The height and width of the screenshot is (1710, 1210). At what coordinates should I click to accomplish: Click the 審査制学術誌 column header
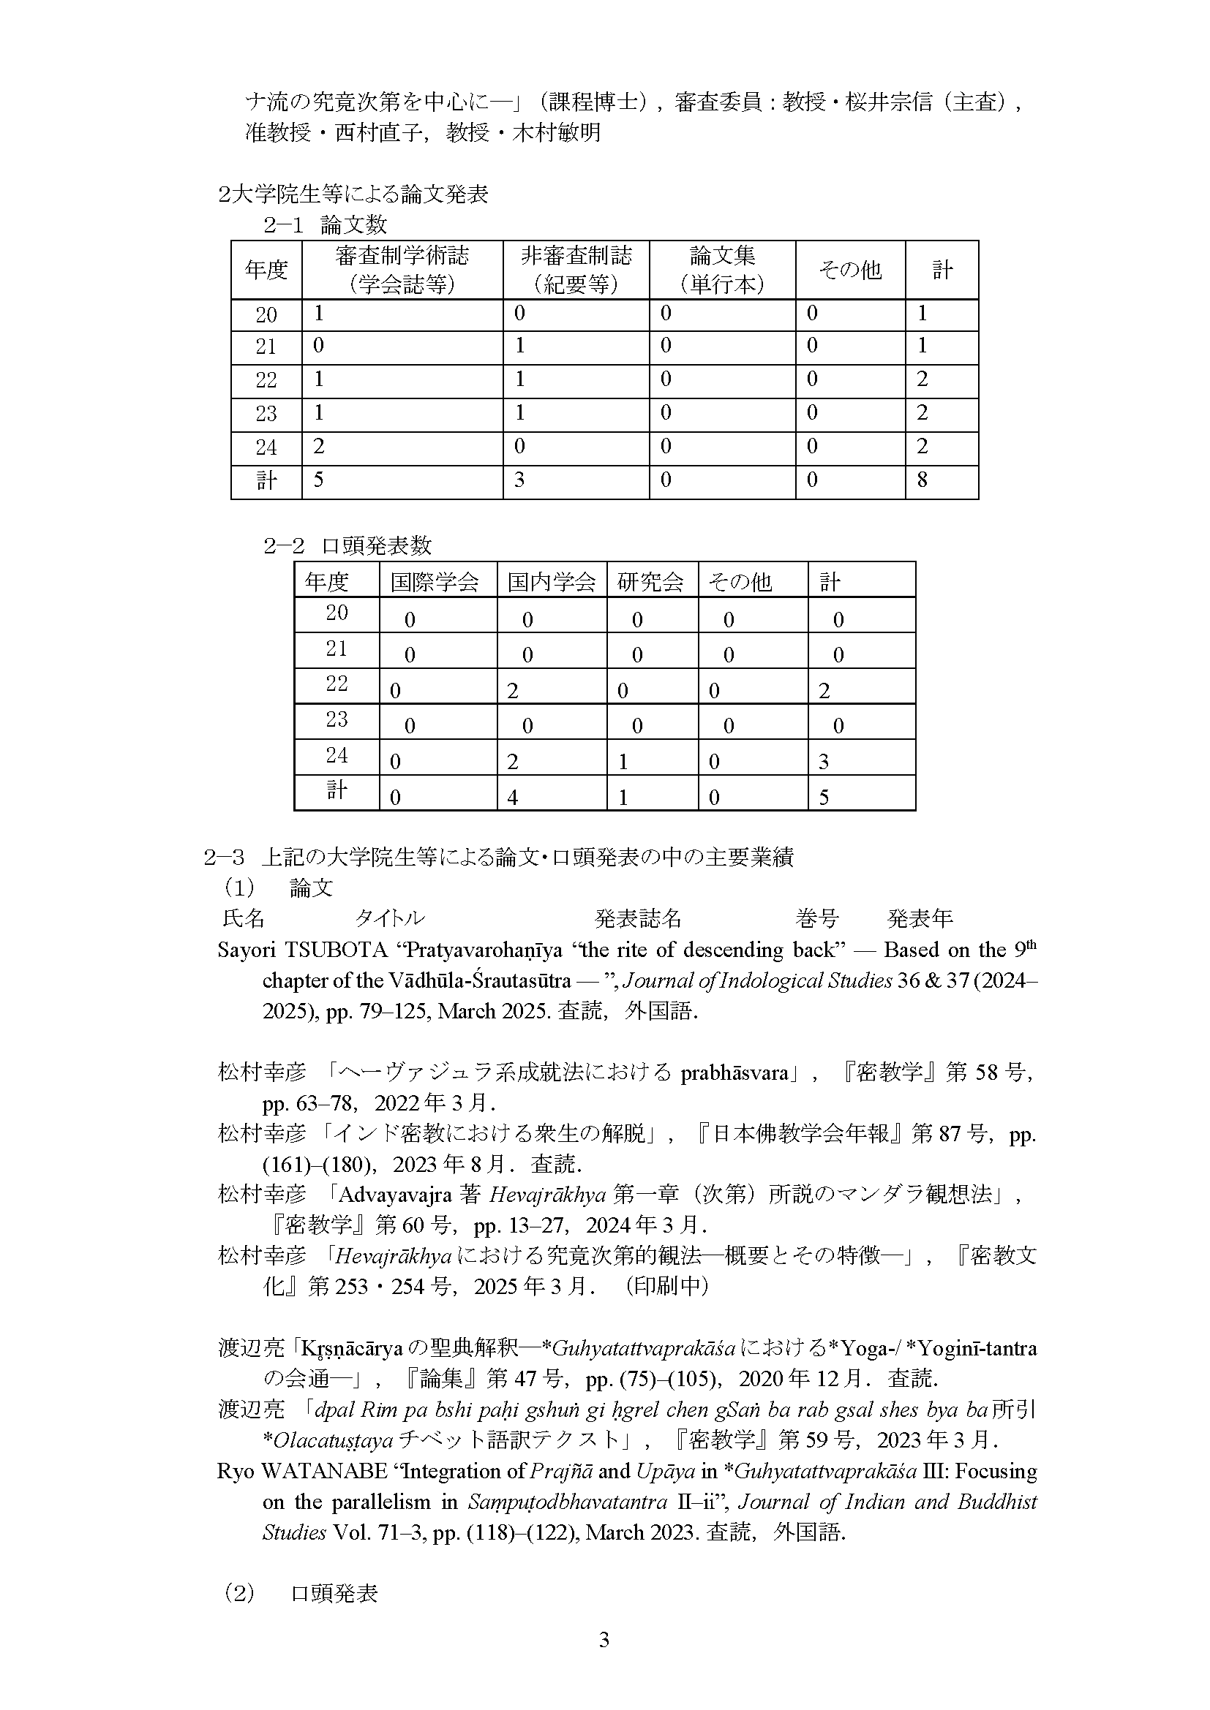tap(402, 270)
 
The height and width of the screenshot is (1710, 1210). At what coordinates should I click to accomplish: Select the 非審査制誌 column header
tap(576, 270)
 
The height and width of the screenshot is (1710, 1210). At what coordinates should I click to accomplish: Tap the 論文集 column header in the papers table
tap(722, 270)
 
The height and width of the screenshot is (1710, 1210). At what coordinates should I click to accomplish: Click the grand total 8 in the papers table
tap(922, 480)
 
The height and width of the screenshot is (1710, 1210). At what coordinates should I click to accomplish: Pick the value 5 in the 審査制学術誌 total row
tap(319, 480)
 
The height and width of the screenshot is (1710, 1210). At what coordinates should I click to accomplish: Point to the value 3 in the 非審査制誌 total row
tap(519, 480)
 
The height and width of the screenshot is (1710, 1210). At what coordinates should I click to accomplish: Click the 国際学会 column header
tap(435, 582)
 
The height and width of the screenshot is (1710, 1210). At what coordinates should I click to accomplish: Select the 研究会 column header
tap(650, 582)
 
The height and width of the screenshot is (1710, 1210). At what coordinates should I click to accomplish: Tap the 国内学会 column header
tap(552, 582)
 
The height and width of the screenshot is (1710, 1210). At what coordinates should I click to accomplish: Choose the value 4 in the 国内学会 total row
tap(513, 798)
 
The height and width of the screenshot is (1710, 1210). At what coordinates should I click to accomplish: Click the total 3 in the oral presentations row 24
tap(824, 762)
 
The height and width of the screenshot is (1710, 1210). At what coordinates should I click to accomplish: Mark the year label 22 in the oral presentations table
tap(337, 684)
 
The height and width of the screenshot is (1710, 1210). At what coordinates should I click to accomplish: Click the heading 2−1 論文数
tap(326, 225)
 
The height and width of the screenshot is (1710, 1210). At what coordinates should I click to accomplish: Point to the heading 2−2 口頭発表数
tap(347, 546)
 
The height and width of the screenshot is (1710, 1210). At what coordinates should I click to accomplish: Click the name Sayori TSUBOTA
tap(303, 951)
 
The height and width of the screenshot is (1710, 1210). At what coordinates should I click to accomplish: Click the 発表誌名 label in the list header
tap(638, 919)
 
